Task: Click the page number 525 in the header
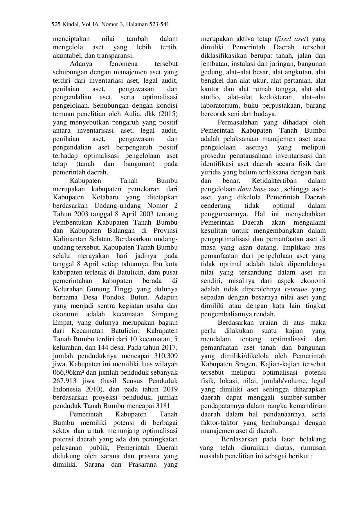56,25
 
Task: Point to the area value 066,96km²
69,373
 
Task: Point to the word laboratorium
219,106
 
